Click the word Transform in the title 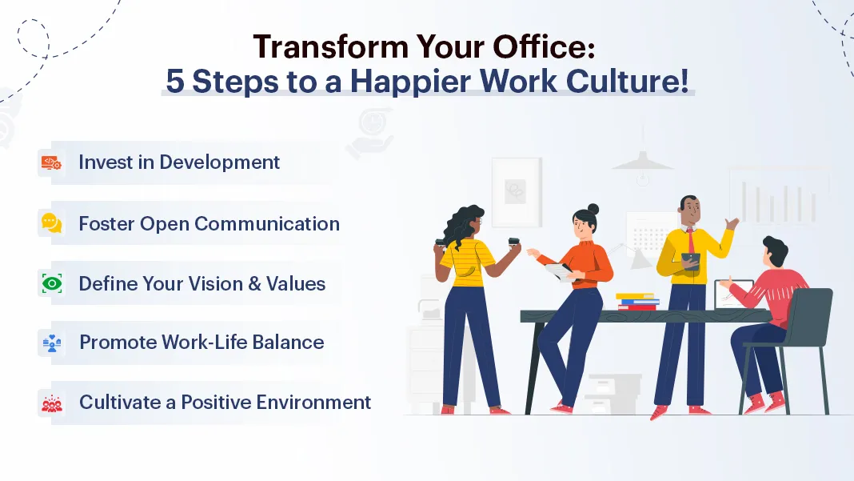click(330, 46)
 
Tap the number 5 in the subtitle click(175, 82)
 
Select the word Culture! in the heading click(628, 82)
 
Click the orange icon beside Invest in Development click(52, 162)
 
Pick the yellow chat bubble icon click(52, 223)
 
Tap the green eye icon click(52, 283)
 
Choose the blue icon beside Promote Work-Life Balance click(52, 343)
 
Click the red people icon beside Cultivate click(52, 403)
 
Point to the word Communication click(267, 223)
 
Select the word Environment click(313, 403)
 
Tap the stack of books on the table click(637, 302)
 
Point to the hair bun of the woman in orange click(593, 210)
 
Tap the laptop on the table click(732, 295)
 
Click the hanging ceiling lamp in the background click(643, 162)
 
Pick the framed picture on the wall click(517, 192)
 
